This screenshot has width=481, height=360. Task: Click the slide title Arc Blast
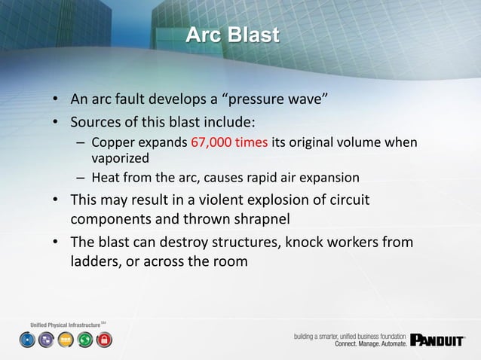(232, 35)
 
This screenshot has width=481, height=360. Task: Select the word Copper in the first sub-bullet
(112, 144)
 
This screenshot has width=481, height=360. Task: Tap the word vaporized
(120, 159)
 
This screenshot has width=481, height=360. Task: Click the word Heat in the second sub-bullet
(105, 178)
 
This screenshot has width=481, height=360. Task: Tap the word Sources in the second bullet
(98, 121)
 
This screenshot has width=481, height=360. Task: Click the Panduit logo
(437, 340)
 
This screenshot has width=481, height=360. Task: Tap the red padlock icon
(105, 340)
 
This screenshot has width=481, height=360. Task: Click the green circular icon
(85, 340)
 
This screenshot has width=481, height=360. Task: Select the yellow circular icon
(66, 340)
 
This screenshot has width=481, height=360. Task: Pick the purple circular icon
(46, 340)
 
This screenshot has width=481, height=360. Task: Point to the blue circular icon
(27, 340)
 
